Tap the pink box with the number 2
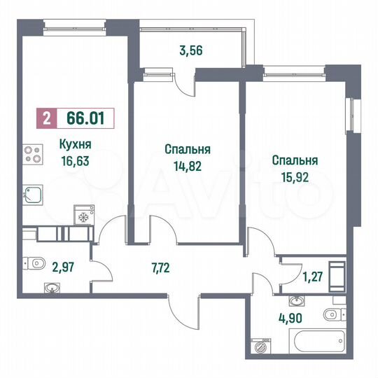[x=46, y=118]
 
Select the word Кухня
[x=76, y=146]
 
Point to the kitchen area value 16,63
[x=76, y=160]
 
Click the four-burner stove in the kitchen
[x=32, y=153]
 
